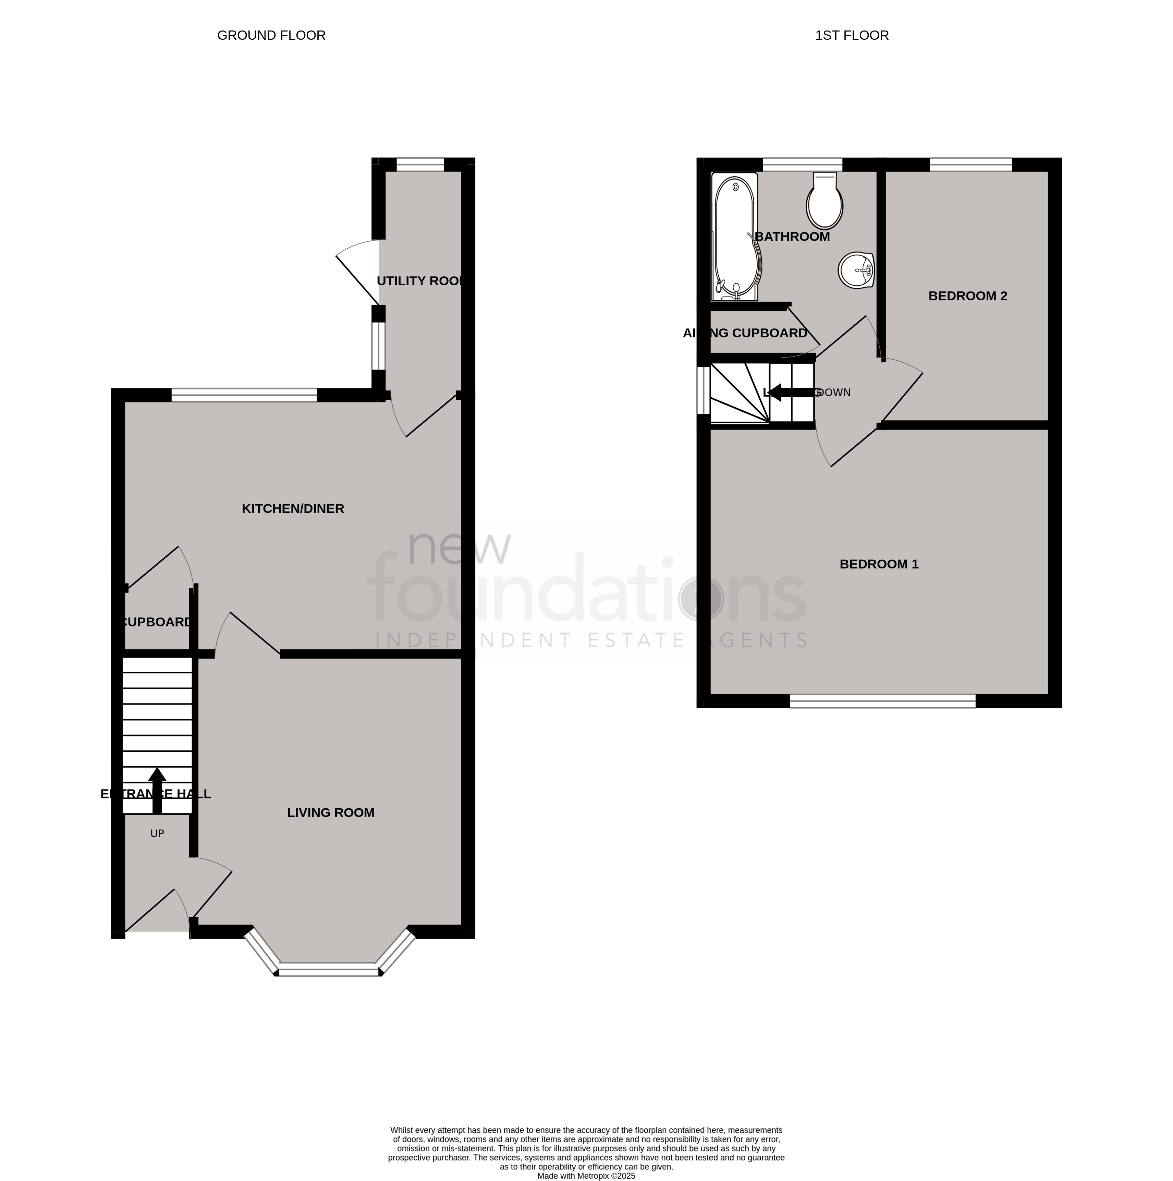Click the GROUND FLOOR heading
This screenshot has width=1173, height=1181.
click(x=271, y=36)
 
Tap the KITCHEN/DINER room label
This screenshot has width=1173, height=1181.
click(x=293, y=509)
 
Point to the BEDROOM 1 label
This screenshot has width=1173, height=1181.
click(x=879, y=564)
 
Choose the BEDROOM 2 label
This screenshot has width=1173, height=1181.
click(x=967, y=296)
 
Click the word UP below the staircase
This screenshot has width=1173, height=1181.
click(x=157, y=834)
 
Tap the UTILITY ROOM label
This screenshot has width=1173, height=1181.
click(x=421, y=281)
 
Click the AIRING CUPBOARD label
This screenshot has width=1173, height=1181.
click(x=745, y=333)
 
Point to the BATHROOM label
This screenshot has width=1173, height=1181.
click(x=793, y=237)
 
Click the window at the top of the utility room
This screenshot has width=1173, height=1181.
click(x=420, y=164)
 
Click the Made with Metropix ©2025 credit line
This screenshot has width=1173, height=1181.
click(x=586, y=1176)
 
